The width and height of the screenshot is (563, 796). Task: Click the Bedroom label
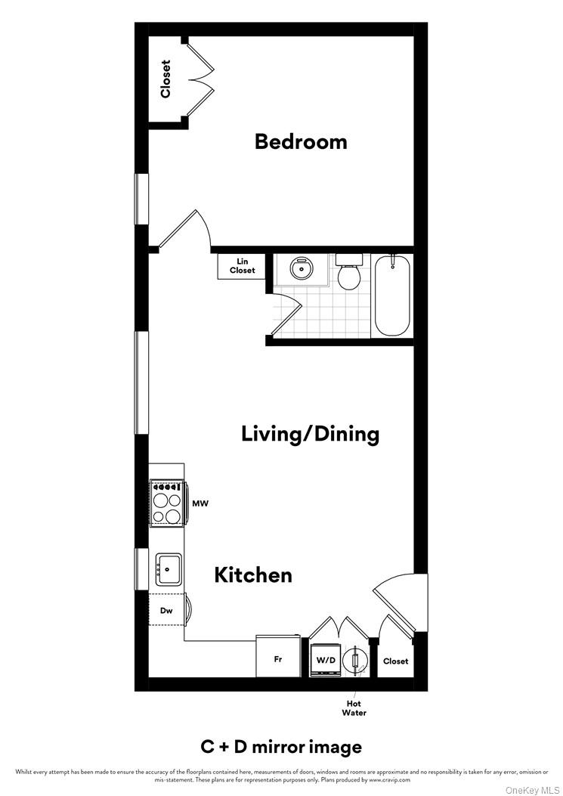click(x=301, y=141)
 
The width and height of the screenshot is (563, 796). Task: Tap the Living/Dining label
click(x=310, y=434)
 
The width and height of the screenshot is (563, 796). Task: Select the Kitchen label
click(x=253, y=575)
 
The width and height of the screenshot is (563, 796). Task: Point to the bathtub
click(x=393, y=296)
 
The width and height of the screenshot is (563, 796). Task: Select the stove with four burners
click(x=167, y=503)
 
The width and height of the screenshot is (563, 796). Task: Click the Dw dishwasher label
click(x=167, y=612)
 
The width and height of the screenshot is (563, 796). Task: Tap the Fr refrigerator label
click(x=278, y=659)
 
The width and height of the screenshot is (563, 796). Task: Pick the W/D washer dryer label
click(x=326, y=660)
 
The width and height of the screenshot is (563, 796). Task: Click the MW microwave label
click(x=200, y=503)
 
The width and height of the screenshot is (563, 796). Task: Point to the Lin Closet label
click(x=242, y=265)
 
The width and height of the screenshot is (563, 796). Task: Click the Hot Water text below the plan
click(x=354, y=708)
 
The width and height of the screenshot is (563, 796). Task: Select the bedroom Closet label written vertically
click(x=165, y=79)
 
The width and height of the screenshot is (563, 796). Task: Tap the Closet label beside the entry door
click(x=395, y=661)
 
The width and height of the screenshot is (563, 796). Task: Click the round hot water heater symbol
click(x=356, y=660)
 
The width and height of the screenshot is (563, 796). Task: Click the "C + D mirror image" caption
click(x=281, y=747)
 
